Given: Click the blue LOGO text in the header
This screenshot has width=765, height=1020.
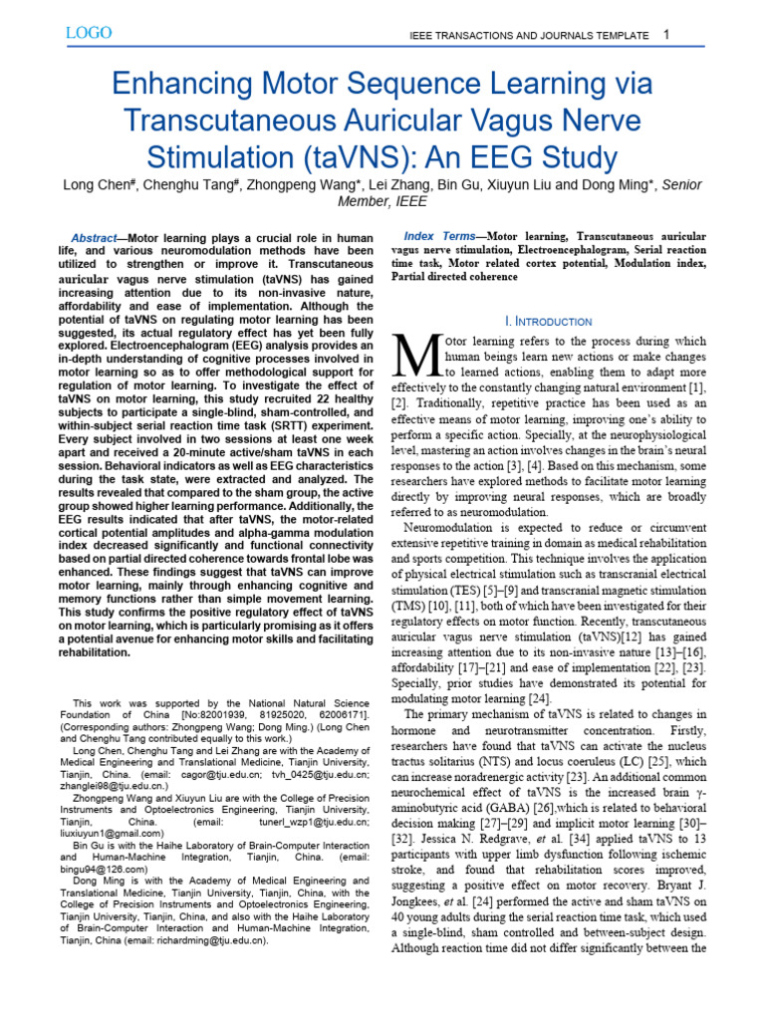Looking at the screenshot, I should click(89, 33).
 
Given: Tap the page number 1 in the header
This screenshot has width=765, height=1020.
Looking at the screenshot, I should click(666, 36).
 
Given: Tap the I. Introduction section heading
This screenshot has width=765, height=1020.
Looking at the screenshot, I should click(548, 321).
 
